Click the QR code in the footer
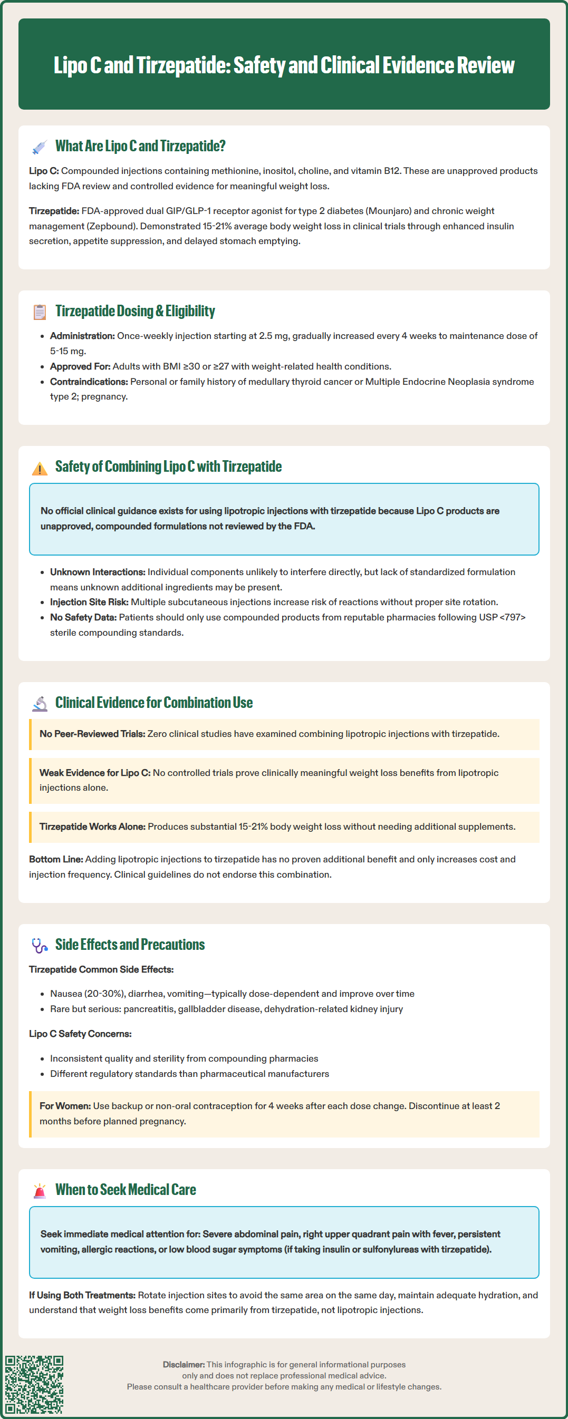point(34,1384)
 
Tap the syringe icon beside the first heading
point(39,147)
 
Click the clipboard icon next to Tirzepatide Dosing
point(39,312)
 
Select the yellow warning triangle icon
point(39,468)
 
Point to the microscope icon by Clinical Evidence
point(39,704)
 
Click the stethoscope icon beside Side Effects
point(39,945)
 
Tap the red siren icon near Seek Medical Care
point(39,1190)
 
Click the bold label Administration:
point(82,336)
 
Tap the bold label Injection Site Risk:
point(89,602)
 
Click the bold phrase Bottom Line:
point(56,859)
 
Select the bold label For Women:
point(65,1106)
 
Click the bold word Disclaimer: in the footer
point(184,1365)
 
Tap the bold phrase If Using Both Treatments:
point(82,1295)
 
